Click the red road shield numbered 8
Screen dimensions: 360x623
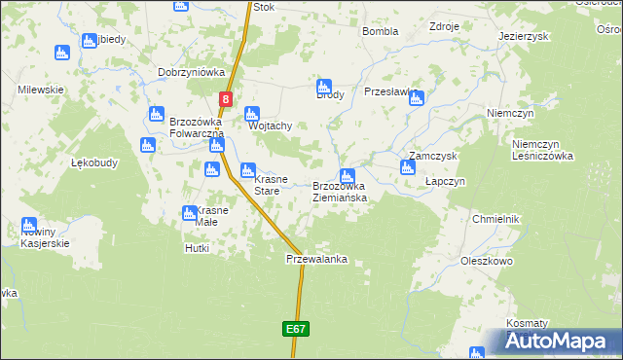pos(226,98)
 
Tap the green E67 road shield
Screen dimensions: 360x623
pos(298,330)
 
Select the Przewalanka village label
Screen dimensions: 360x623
pos(316,260)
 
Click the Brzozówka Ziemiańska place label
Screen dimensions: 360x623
pos(339,192)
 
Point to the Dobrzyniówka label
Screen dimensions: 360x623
pos(192,72)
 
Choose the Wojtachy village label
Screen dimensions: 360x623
pos(271,126)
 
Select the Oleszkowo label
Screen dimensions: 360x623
pos(487,261)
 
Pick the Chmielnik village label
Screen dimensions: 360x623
pos(496,219)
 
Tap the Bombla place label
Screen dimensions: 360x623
pos(380,31)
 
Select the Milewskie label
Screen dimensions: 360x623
pos(41,90)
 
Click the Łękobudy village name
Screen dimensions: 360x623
pos(94,163)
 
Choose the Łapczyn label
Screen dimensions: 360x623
pos(447,181)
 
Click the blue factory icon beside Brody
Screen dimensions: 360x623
pos(325,85)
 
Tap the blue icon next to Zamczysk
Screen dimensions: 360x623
pos(408,167)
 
